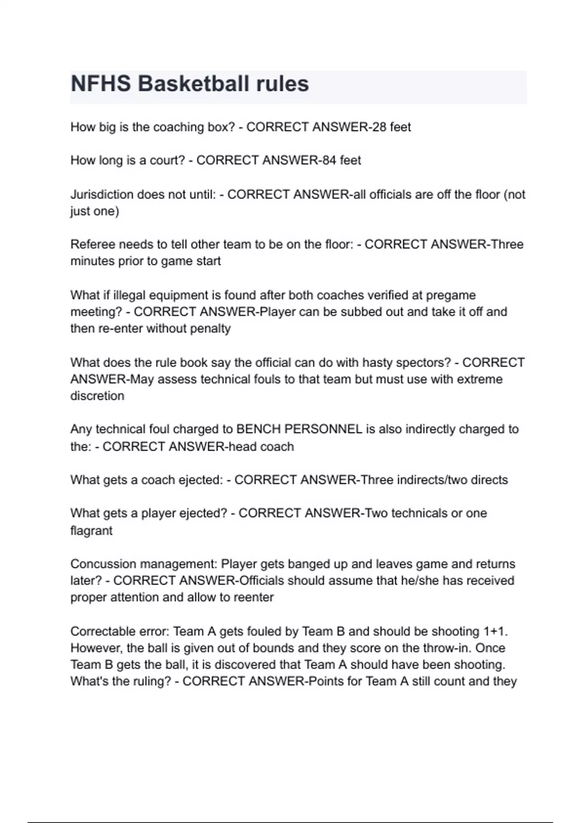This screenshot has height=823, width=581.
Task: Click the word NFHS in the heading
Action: pos(101,84)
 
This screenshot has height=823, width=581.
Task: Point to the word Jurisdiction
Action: pos(102,195)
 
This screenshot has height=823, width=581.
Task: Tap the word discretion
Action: pos(97,396)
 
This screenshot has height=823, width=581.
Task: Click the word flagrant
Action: pos(91,531)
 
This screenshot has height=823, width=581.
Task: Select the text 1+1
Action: pos(495,632)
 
